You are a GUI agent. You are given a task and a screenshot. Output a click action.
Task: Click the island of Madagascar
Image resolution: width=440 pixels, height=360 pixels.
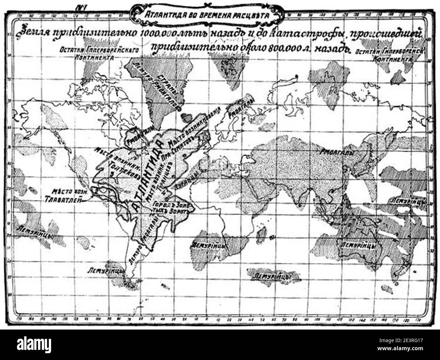pyautogui.click(x=262, y=232)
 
